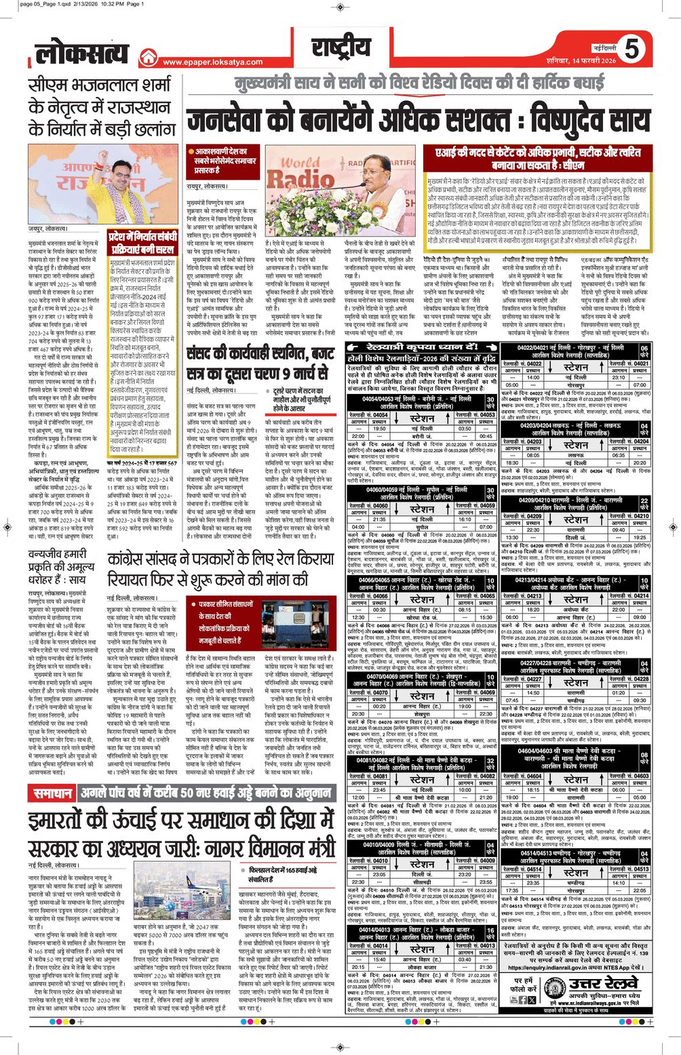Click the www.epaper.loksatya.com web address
click(212, 62)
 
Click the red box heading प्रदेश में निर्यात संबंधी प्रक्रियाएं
click(143, 242)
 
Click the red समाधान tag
click(52, 794)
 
